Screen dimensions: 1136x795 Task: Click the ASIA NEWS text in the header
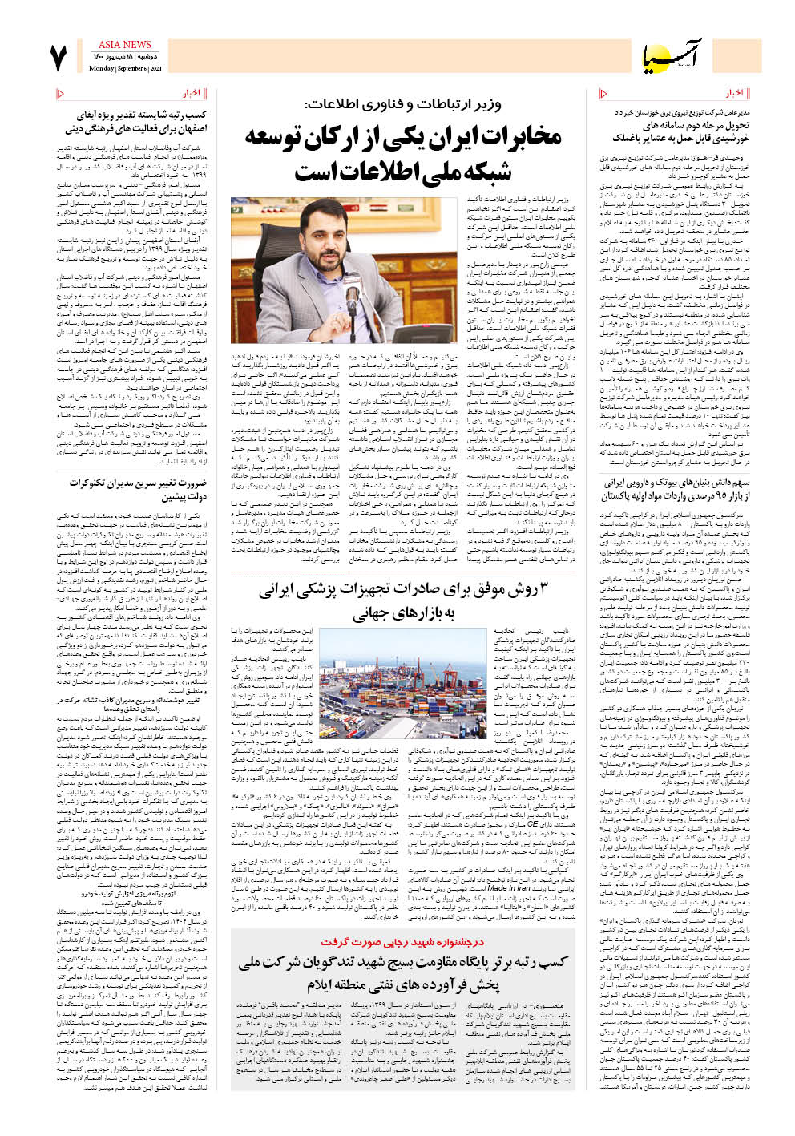click(x=124, y=45)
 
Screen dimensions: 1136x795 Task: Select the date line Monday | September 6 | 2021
click(x=124, y=69)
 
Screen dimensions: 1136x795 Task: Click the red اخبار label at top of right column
click(x=734, y=93)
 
